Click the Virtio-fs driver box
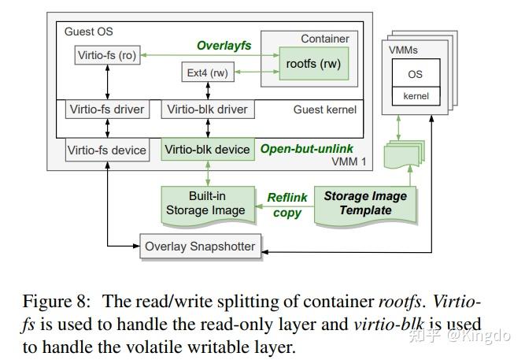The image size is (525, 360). [x=106, y=109]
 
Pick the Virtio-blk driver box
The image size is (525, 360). [x=205, y=109]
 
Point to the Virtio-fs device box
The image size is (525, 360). [x=106, y=150]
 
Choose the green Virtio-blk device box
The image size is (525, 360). [x=206, y=150]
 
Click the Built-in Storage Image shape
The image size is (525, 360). [x=206, y=203]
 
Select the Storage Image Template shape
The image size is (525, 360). [x=364, y=203]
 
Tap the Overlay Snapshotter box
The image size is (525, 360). [x=200, y=247]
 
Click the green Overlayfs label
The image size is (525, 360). [x=224, y=46]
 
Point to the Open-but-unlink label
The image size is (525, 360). [x=307, y=149]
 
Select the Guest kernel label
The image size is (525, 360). [x=325, y=109]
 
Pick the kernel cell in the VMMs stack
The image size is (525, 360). [x=415, y=96]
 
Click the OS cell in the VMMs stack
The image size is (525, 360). [x=415, y=76]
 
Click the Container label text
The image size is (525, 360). [x=324, y=39]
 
